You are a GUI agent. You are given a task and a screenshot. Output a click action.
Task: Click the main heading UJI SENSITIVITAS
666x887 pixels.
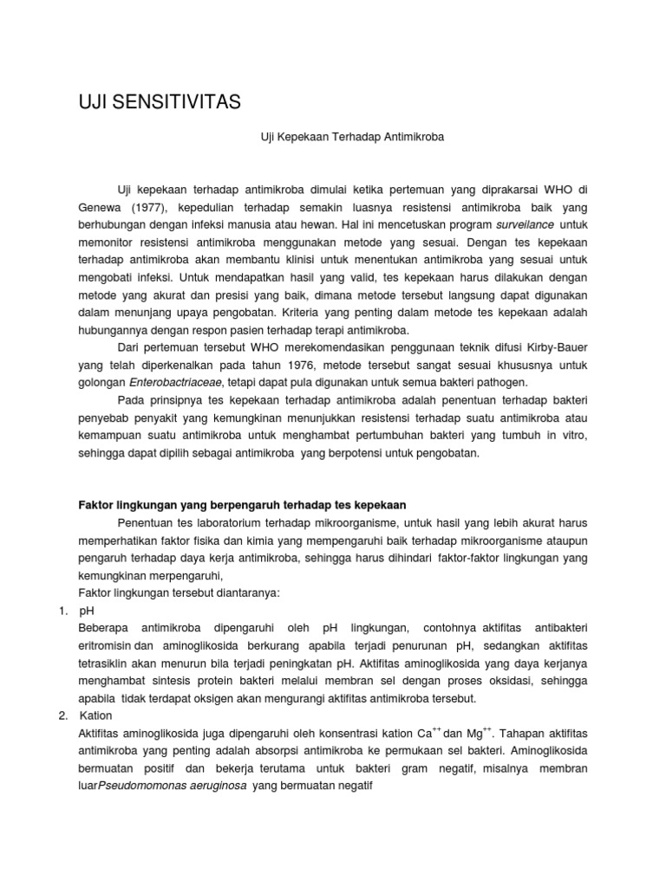point(160,104)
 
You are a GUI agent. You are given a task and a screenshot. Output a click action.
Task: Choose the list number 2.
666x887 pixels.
point(63,715)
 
